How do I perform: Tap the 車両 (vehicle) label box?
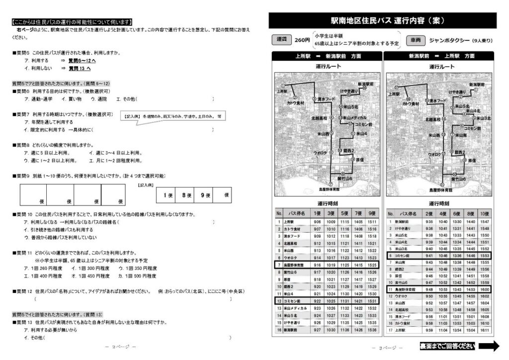pos(416,40)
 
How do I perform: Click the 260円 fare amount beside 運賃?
pos(302,40)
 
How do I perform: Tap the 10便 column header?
pos(485,214)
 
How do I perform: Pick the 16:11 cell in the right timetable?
pos(485,330)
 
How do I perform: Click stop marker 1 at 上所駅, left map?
pos(282,86)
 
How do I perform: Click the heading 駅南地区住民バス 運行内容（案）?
pos(382,21)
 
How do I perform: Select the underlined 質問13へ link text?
pos(80,68)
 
